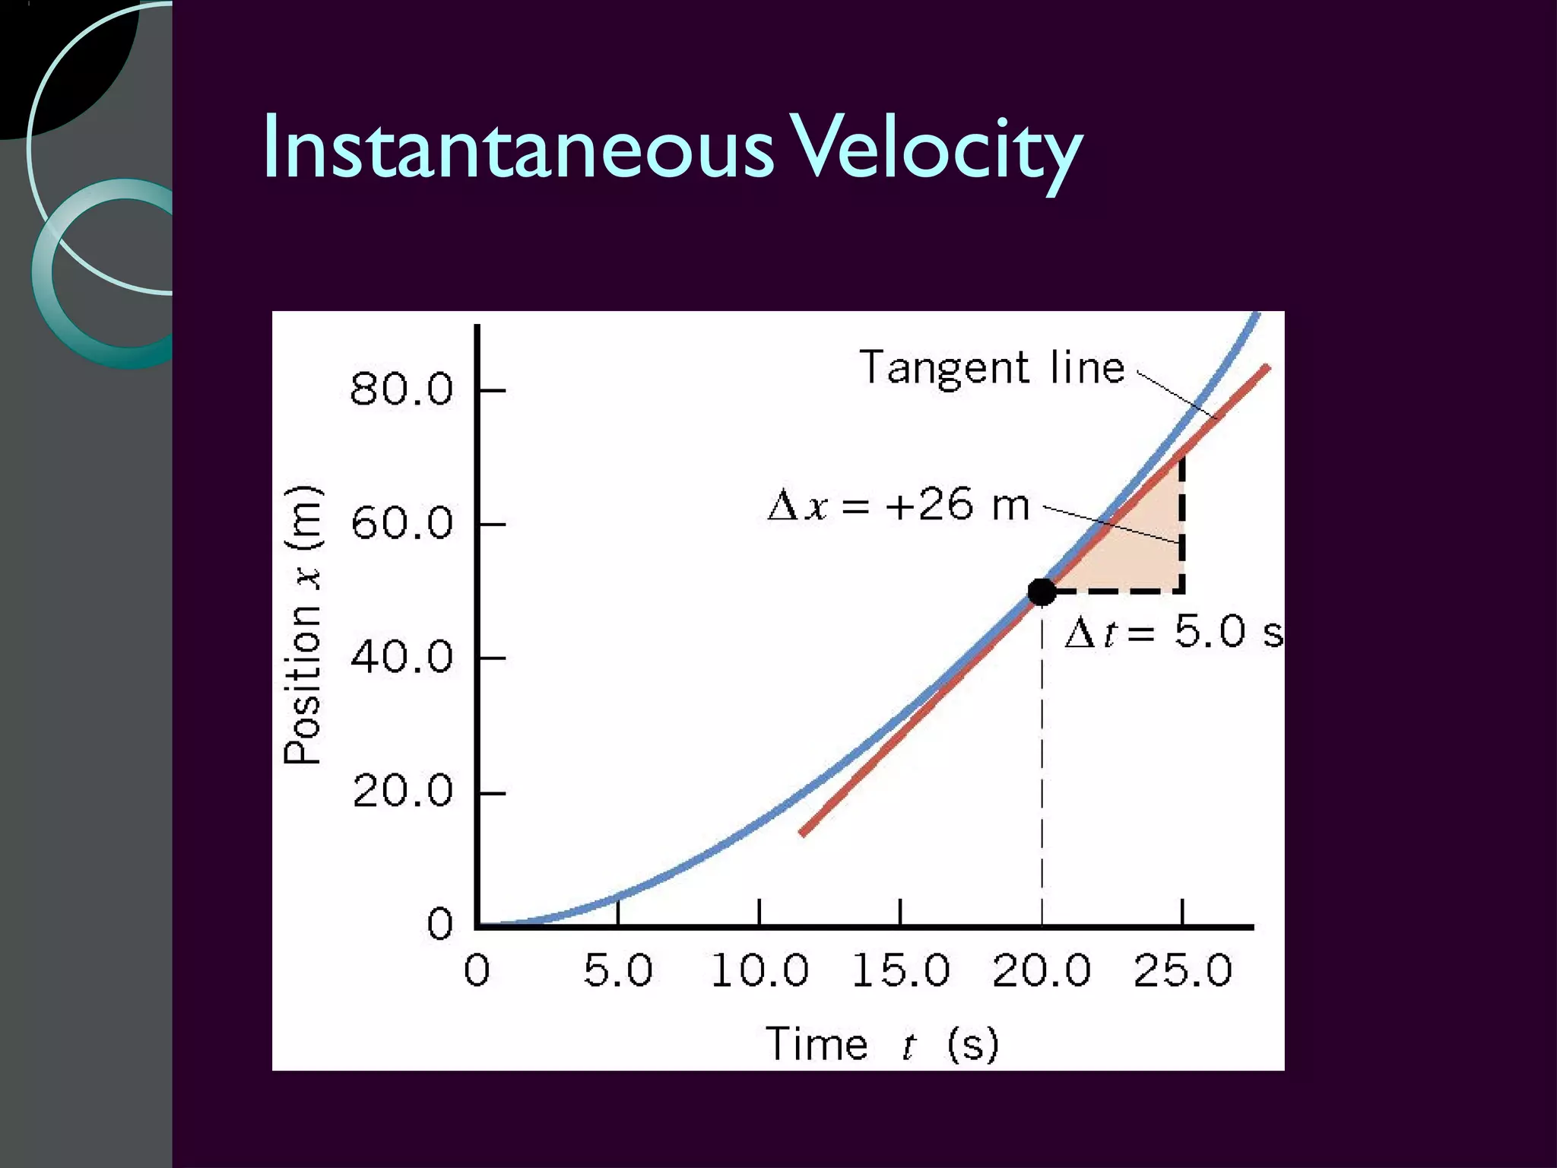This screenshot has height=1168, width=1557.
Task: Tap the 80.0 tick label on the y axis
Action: point(401,389)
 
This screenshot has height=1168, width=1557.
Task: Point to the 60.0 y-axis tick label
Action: point(401,523)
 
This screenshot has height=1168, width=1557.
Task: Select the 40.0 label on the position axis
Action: point(401,657)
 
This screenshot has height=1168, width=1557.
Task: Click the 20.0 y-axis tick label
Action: point(401,792)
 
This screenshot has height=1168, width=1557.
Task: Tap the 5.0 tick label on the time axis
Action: point(618,971)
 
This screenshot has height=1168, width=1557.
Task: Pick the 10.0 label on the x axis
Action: point(759,971)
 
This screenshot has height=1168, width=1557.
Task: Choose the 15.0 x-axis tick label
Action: point(901,971)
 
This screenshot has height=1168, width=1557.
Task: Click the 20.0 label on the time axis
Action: point(1042,971)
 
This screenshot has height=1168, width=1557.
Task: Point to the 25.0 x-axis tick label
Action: point(1183,971)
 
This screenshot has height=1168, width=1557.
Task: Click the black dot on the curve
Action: point(1042,591)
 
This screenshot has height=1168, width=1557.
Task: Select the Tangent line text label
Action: point(991,368)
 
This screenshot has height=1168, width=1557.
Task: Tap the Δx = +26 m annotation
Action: point(899,506)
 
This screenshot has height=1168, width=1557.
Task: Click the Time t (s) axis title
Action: point(882,1044)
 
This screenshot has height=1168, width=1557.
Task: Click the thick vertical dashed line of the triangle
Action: point(1182,525)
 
